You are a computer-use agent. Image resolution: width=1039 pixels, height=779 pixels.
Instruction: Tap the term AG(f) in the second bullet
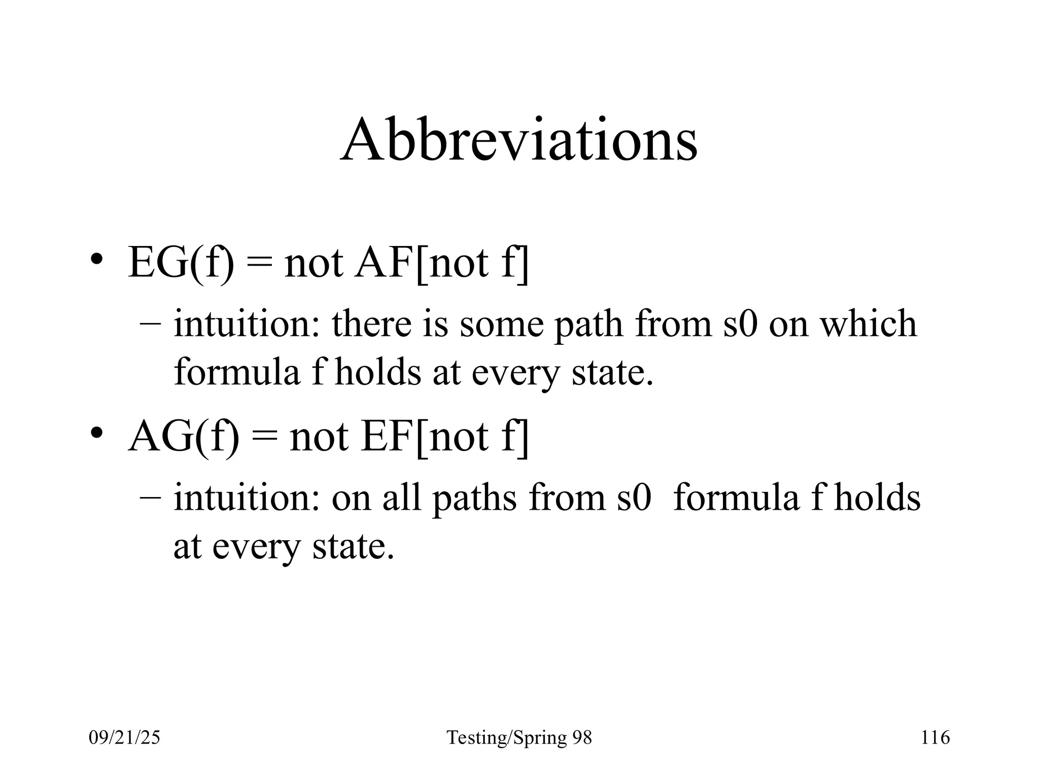(183, 437)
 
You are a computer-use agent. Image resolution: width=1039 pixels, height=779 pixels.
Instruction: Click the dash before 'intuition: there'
(151, 325)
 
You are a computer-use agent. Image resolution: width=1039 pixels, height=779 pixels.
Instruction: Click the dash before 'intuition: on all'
(151, 499)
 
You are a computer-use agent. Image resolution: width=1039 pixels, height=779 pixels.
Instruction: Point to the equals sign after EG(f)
(260, 265)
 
